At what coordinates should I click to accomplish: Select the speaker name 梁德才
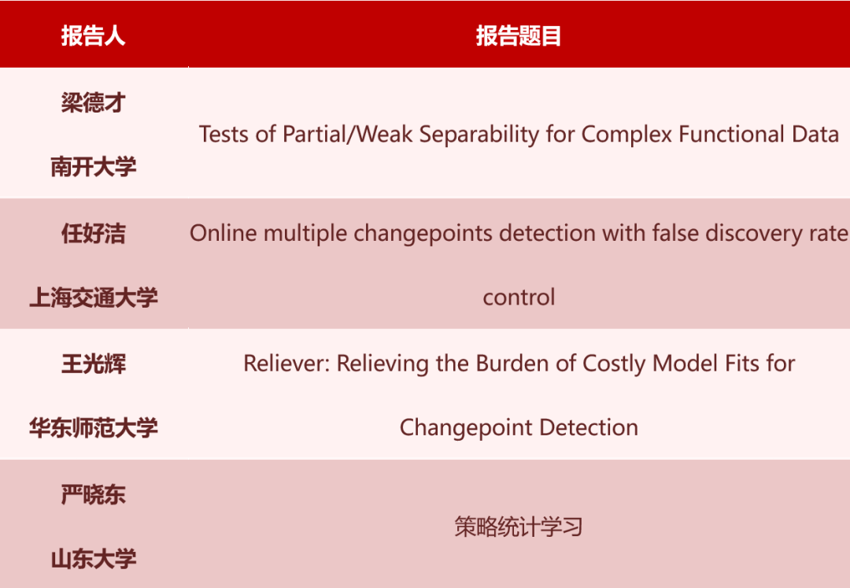click(93, 102)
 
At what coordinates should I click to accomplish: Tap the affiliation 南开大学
click(93, 167)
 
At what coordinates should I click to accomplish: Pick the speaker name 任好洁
click(93, 233)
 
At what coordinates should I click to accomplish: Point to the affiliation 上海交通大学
click(93, 298)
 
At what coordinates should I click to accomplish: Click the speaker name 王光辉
click(93, 364)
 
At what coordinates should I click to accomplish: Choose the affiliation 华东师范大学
click(93, 428)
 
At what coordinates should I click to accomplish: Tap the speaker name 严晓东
click(93, 494)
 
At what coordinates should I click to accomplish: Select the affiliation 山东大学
click(93, 559)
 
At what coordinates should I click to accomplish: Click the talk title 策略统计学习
click(518, 527)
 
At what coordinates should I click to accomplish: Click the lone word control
click(519, 298)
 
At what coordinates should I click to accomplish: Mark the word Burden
click(508, 364)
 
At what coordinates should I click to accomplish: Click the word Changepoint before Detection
click(462, 428)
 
